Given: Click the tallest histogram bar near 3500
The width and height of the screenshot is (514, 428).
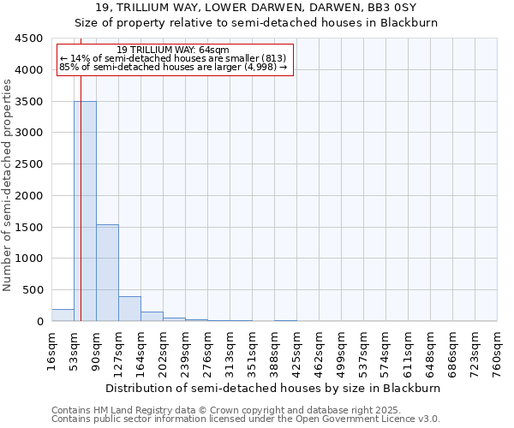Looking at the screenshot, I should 85,211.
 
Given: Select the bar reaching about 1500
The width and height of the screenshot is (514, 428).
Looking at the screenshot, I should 107,272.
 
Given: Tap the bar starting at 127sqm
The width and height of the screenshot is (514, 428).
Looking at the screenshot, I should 129,308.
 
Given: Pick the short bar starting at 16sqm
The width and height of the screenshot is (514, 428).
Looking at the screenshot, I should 63,315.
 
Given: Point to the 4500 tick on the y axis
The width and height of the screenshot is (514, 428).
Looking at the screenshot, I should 29,39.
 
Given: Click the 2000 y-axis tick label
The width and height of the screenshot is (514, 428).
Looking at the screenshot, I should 29,195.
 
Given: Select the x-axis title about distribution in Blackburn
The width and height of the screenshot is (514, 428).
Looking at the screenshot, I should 274,388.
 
